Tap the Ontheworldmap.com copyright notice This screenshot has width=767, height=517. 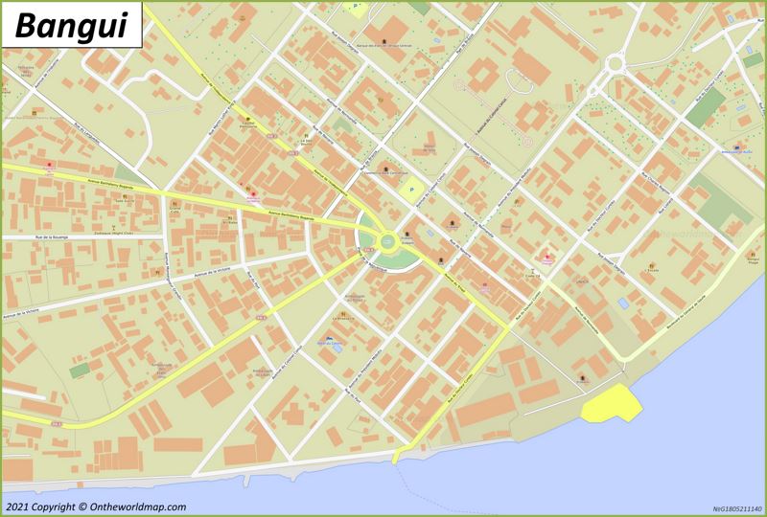pyautogui.click(x=95, y=507)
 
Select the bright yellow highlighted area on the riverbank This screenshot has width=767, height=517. pyautogui.click(x=610, y=406)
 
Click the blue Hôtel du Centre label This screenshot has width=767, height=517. pyautogui.click(x=329, y=342)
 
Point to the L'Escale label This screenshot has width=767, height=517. pyautogui.click(x=652, y=271)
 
